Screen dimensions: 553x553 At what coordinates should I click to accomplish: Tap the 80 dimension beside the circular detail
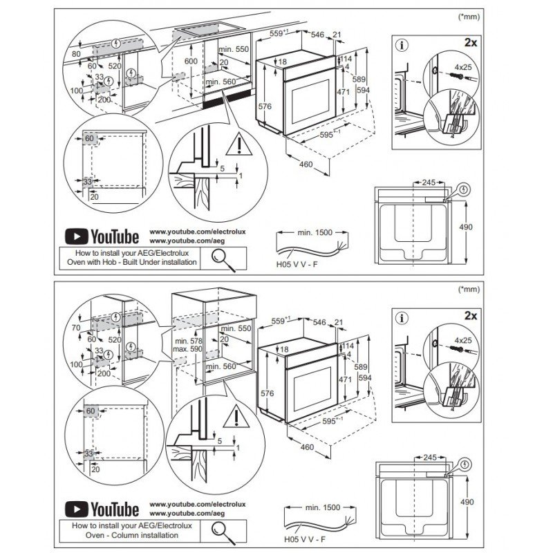(75, 53)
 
